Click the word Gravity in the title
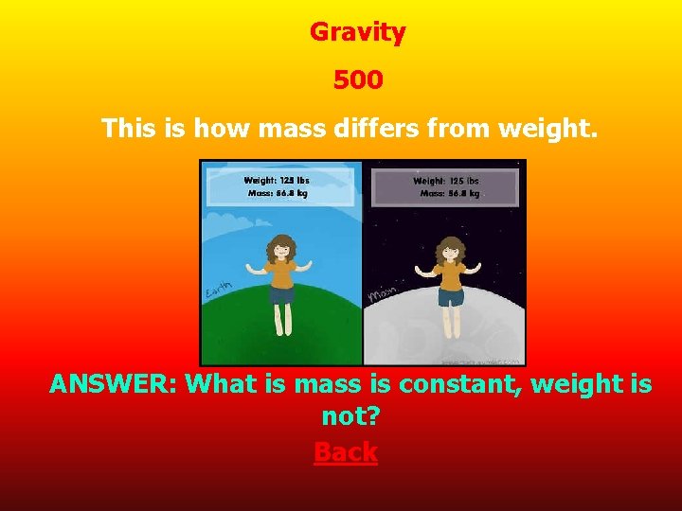[357, 32]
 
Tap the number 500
[357, 80]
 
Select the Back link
[346, 452]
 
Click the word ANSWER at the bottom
[113, 384]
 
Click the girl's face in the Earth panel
[281, 251]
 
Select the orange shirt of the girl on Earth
[281, 274]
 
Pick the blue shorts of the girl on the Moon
[450, 297]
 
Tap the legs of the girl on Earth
[281, 318]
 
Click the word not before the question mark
[339, 417]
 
